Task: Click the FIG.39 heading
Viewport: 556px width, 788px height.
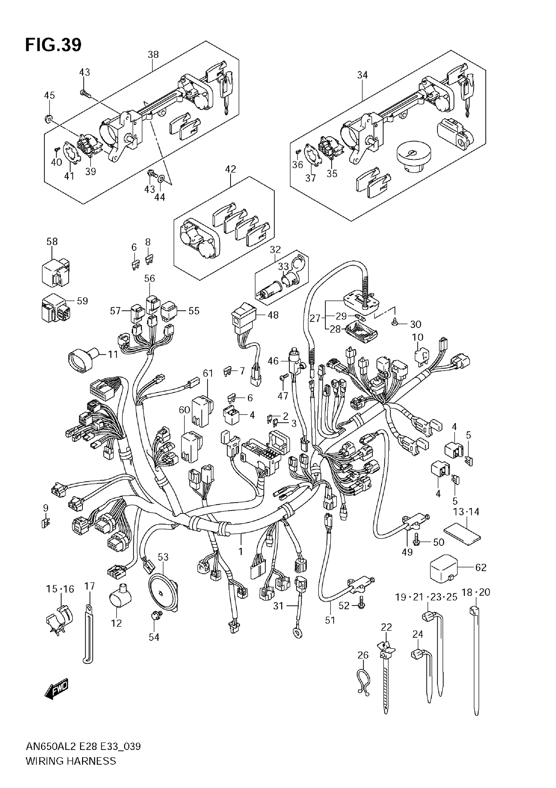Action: [x=53, y=45]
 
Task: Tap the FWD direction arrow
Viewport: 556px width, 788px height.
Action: [x=57, y=689]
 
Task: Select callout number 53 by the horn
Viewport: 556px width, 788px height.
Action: [x=163, y=557]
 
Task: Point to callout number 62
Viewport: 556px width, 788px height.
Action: [x=481, y=567]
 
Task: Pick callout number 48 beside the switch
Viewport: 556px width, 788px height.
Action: [x=273, y=315]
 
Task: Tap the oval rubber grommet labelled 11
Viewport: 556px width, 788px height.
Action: [x=82, y=359]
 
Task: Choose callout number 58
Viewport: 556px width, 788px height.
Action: [x=52, y=241]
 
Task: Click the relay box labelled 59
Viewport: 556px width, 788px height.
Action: [x=56, y=308]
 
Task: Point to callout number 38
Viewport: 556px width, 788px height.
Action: [x=153, y=54]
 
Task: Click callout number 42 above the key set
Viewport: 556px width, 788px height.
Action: [x=231, y=169]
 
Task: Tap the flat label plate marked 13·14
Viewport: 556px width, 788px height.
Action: [x=462, y=536]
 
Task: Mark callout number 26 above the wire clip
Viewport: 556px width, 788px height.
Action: [x=363, y=655]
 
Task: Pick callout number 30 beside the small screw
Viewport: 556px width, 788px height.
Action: [x=415, y=324]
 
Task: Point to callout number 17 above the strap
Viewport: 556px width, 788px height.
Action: [x=90, y=586]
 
